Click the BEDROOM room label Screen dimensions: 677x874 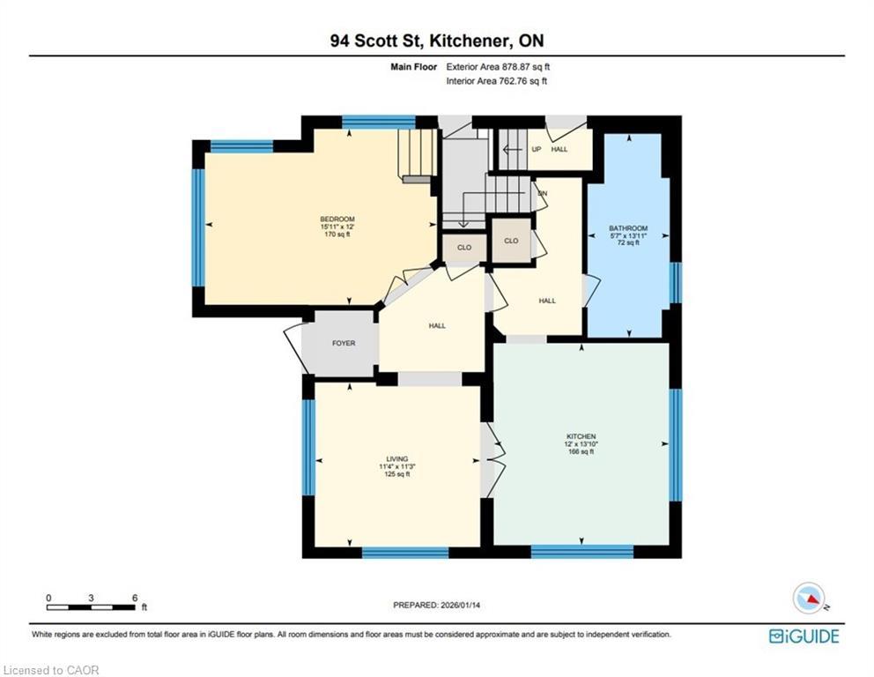[337, 219]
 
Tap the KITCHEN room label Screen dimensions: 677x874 [581, 437]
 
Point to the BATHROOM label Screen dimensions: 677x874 [628, 228]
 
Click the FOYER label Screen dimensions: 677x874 [344, 343]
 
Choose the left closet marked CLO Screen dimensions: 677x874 [464, 248]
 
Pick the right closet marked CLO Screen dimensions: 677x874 [511, 240]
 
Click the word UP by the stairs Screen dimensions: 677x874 [536, 149]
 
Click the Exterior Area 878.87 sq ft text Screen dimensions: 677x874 [498, 66]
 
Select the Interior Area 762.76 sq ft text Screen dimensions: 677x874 [496, 81]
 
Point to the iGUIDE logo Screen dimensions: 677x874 [804, 636]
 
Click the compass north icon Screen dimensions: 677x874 [809, 599]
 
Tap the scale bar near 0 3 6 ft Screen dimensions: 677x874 [92, 607]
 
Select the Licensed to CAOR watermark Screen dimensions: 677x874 [52, 670]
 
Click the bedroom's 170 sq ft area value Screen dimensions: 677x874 [337, 234]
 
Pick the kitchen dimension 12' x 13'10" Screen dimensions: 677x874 [581, 444]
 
